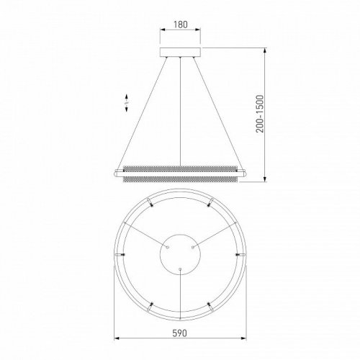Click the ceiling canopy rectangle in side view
pos(179,52)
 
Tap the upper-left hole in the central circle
pos(168,246)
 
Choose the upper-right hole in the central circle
pos(192,246)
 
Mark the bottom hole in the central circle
pos(179,268)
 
